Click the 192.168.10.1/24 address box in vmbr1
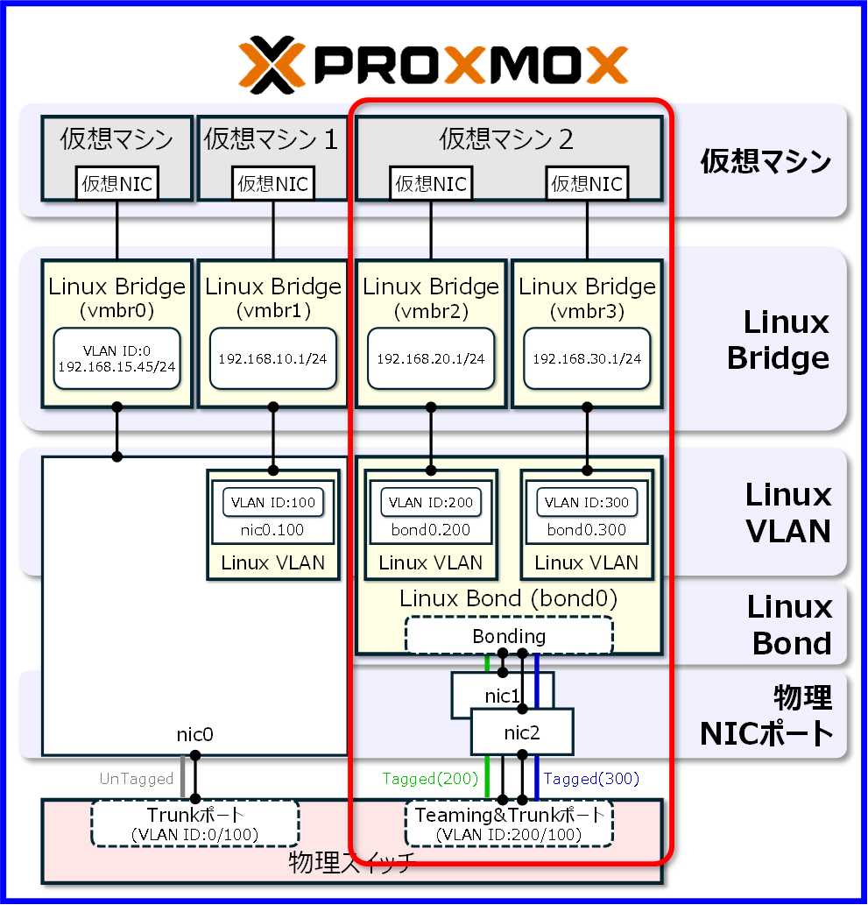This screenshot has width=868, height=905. tap(273, 359)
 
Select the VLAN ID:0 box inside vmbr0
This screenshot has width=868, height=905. tap(116, 359)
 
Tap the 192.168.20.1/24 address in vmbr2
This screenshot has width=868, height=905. tap(430, 359)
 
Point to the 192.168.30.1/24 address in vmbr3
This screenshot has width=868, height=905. tap(587, 359)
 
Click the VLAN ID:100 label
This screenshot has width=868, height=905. tap(273, 503)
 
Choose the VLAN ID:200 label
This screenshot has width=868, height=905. tap(430, 503)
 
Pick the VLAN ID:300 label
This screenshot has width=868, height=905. tap(587, 503)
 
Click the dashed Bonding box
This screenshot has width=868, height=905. tap(509, 635)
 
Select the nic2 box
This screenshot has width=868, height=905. tap(522, 732)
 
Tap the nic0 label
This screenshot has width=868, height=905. tap(194, 734)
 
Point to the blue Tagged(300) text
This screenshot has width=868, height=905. tap(592, 778)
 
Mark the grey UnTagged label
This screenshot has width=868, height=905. tap(137, 778)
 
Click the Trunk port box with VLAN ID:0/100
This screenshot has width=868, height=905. tap(194, 823)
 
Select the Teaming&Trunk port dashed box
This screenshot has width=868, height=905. tap(509, 823)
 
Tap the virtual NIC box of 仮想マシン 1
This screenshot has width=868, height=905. tap(273, 183)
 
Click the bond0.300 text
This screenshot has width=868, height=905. tap(587, 529)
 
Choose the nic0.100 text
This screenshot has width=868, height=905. tap(273, 529)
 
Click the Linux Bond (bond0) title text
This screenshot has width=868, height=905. tap(508, 599)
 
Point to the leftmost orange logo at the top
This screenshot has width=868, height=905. tap(272, 64)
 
